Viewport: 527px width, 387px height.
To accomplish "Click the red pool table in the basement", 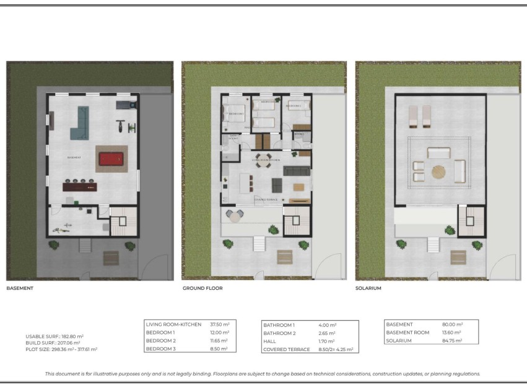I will [x=111, y=159].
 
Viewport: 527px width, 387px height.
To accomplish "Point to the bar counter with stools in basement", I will [x=80, y=186].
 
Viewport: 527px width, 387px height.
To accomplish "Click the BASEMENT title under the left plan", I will [x=19, y=289].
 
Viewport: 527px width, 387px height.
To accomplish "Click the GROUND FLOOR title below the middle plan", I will [x=203, y=289].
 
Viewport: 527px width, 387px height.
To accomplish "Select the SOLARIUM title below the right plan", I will [x=368, y=289].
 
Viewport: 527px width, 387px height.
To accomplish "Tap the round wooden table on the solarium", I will [x=439, y=171].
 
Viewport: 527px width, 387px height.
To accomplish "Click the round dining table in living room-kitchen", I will [x=264, y=159].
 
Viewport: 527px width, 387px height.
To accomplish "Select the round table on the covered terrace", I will [x=236, y=215].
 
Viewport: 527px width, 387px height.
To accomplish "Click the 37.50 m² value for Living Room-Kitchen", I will [x=220, y=324].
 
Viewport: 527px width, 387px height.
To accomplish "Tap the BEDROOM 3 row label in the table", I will [x=160, y=349].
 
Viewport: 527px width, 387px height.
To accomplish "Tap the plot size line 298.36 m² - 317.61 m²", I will [x=61, y=349].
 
